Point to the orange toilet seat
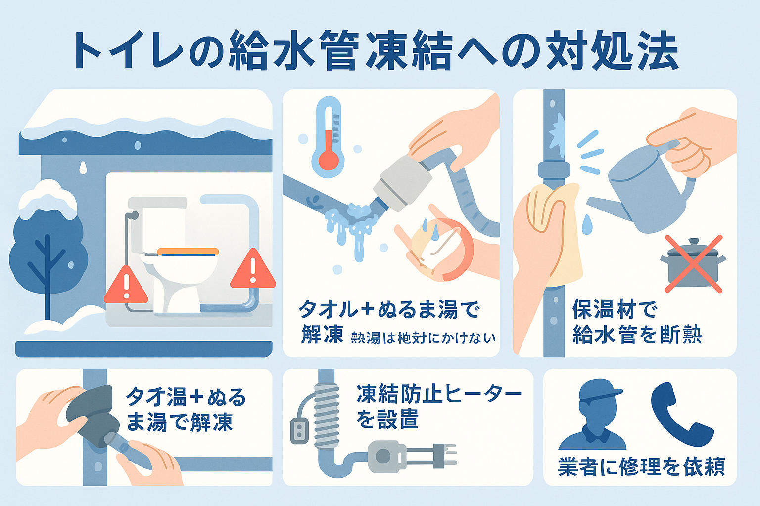point(188,252)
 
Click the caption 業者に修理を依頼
point(641,466)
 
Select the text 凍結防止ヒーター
point(438,394)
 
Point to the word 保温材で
point(615,310)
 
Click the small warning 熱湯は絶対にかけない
point(423,338)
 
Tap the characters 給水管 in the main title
point(292,51)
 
